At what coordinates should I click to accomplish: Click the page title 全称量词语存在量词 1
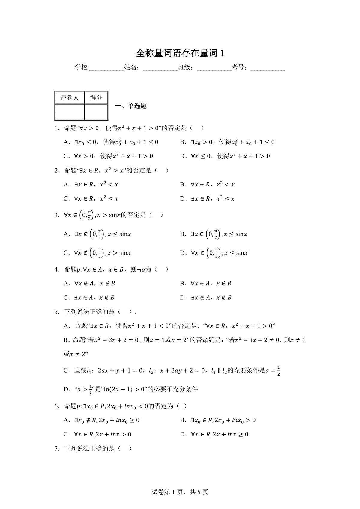180,53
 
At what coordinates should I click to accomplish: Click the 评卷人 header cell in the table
69,98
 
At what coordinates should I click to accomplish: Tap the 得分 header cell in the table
96,98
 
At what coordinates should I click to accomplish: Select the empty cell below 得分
96,112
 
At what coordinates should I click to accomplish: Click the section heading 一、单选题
133,106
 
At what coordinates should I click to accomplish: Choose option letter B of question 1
183,142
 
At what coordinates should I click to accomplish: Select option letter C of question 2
67,199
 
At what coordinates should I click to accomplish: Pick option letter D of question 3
183,253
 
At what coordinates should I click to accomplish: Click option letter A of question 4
67,284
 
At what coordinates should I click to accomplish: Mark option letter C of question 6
67,434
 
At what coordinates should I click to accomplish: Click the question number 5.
56,312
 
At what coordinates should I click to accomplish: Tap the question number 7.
56,449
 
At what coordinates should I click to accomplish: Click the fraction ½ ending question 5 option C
279,371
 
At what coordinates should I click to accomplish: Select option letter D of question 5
67,390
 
